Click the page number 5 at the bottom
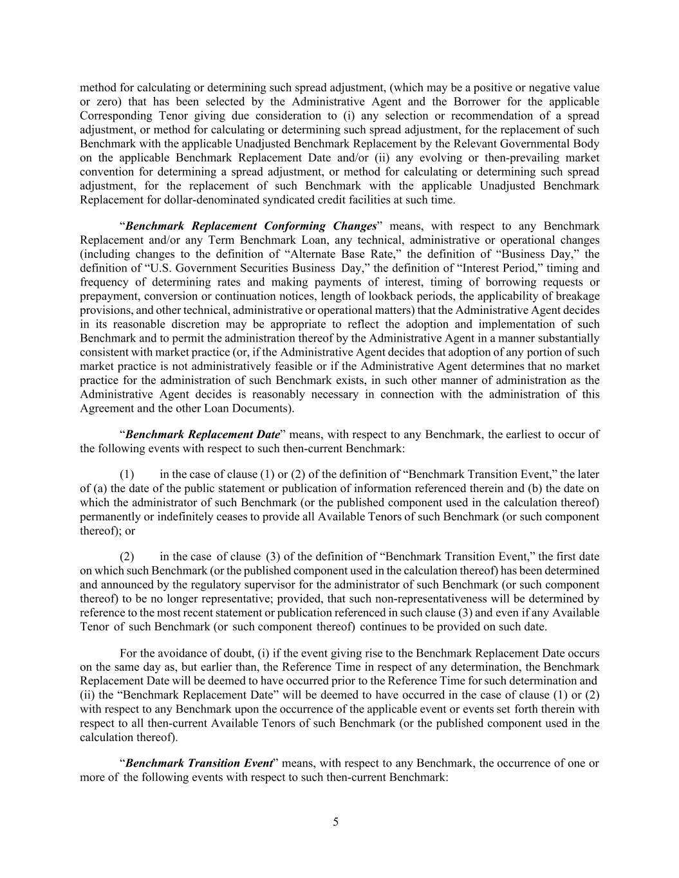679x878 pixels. pos(335,821)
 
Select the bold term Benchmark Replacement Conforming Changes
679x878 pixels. pos(250,226)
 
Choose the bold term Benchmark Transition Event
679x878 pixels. pos(198,763)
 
